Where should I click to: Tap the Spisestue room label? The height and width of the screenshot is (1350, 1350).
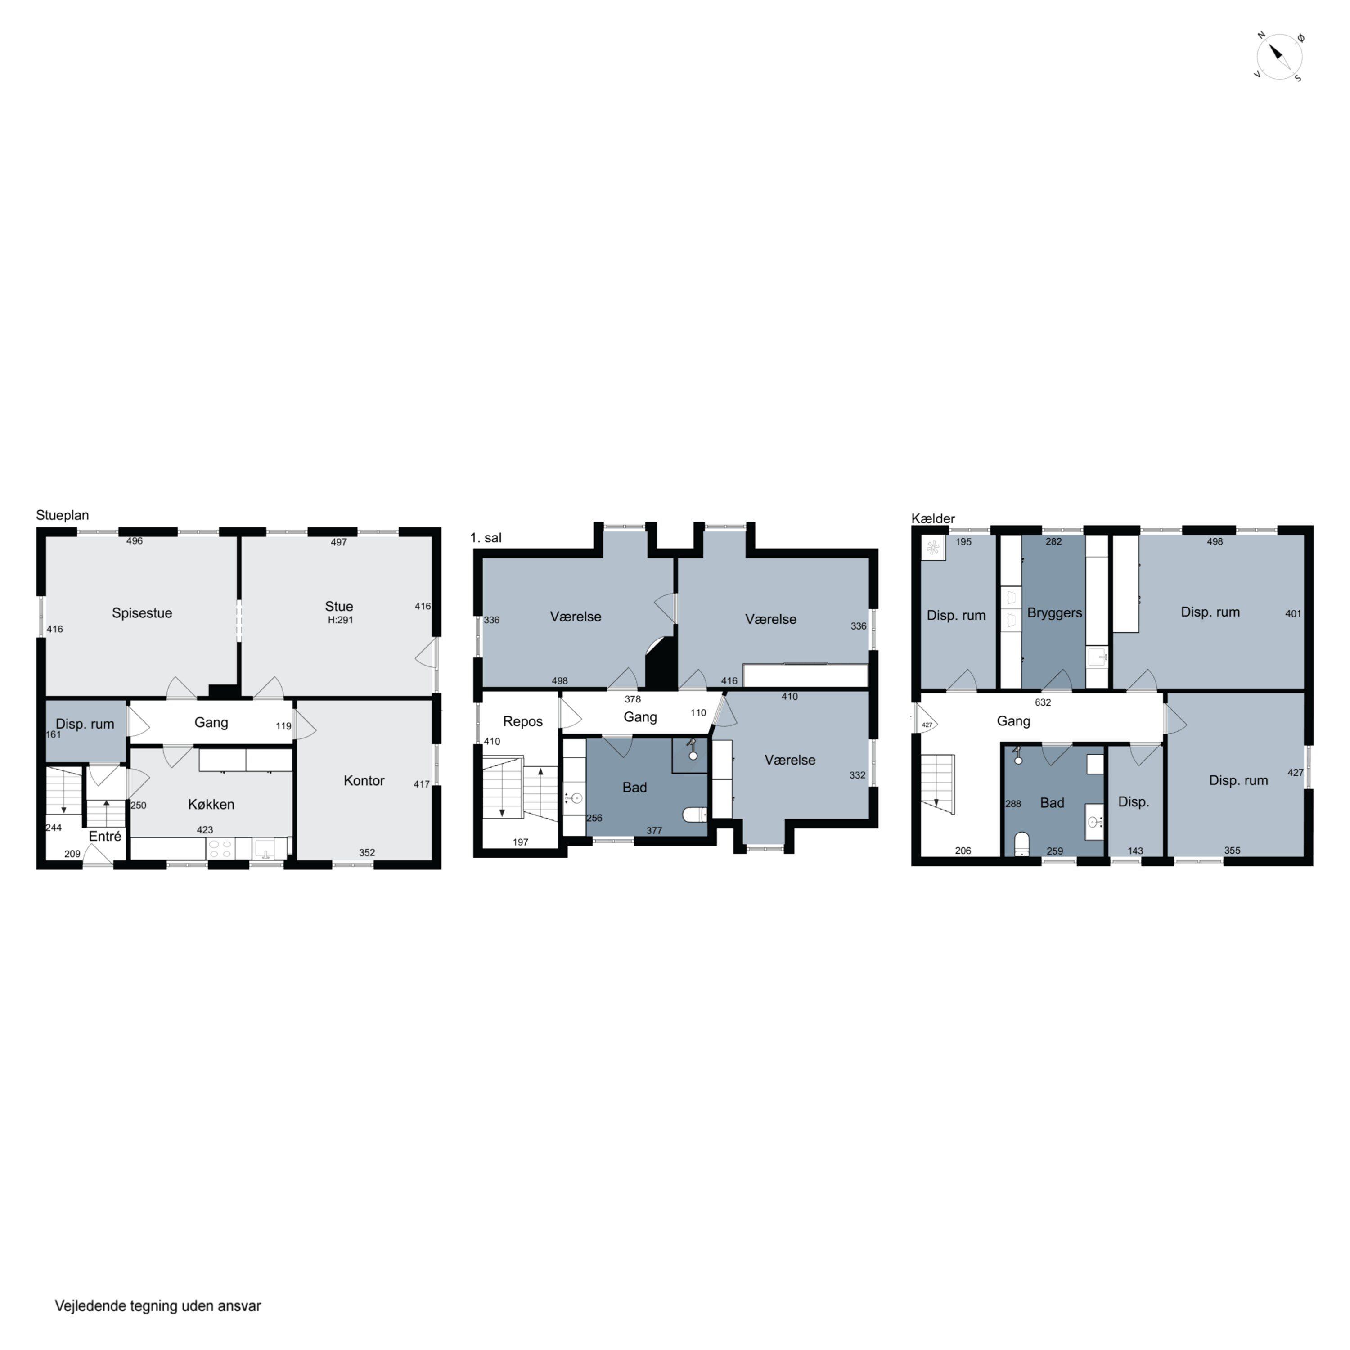(142, 613)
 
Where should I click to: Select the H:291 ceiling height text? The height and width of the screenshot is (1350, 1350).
(340, 620)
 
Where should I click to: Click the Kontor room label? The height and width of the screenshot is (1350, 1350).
(364, 780)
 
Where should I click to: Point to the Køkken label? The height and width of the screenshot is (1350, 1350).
(211, 804)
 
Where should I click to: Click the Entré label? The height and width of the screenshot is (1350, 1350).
(105, 837)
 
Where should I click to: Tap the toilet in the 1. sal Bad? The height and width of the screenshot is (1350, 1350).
(694, 814)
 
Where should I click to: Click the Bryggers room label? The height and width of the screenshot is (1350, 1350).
(1054, 613)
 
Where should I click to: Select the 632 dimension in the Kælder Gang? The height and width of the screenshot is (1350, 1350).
(1043, 702)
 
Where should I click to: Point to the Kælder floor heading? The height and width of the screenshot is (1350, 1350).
(933, 518)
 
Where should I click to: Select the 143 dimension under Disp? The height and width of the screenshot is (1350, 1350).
(1135, 850)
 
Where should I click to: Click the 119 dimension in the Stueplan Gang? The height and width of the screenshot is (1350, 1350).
(283, 726)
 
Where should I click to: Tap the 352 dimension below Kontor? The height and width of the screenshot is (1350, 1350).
(367, 852)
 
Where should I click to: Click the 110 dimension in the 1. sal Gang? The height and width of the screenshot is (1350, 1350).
(698, 713)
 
